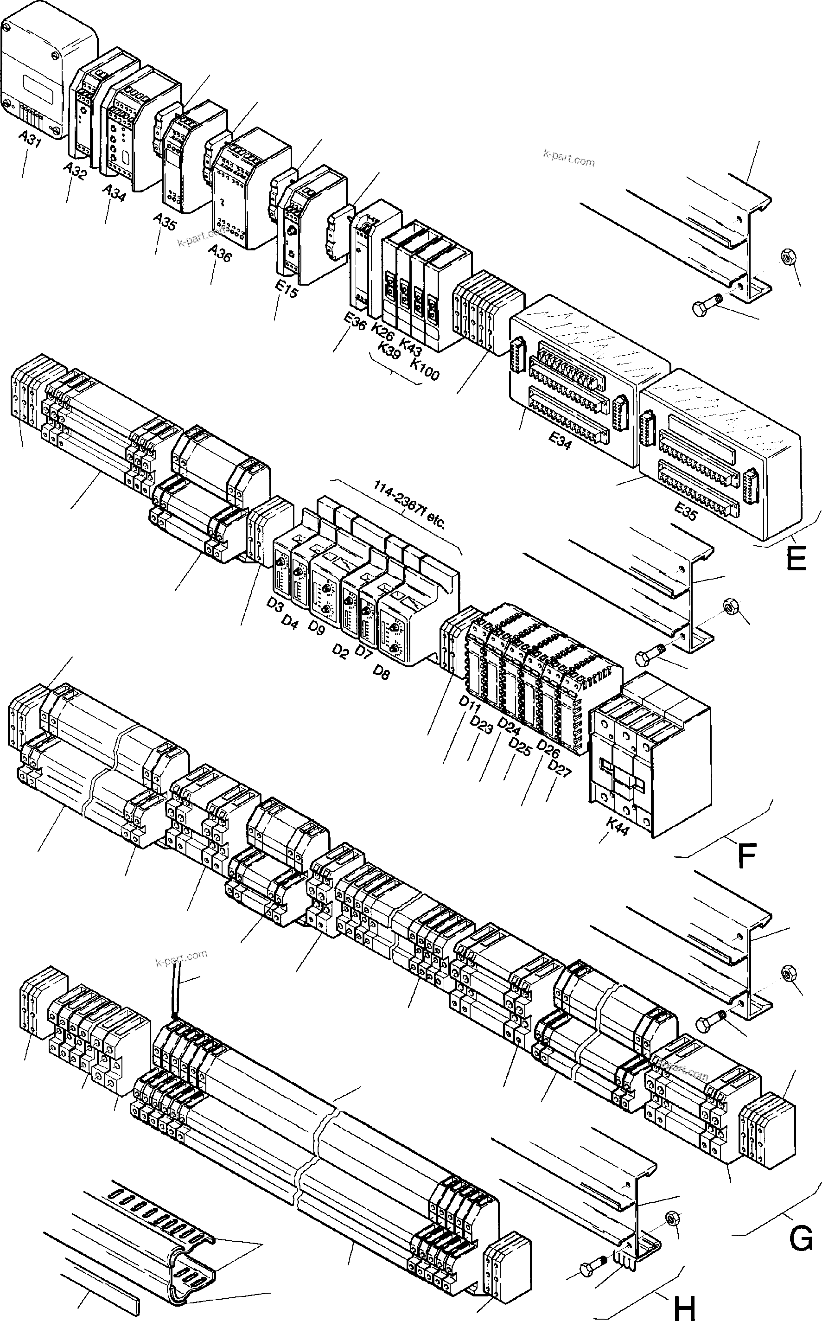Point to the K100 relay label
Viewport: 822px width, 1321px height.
[x=425, y=369]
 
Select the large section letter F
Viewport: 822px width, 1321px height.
[x=746, y=857]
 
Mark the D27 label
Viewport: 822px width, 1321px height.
[x=560, y=769]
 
